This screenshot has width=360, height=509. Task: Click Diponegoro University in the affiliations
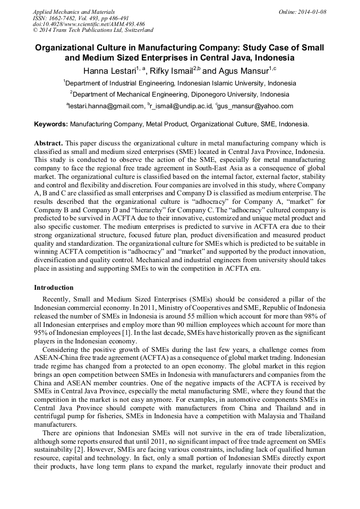click(x=223, y=94)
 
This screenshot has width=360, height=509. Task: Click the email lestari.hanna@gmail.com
click(x=106, y=106)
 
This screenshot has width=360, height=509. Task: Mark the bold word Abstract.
click(x=48, y=143)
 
